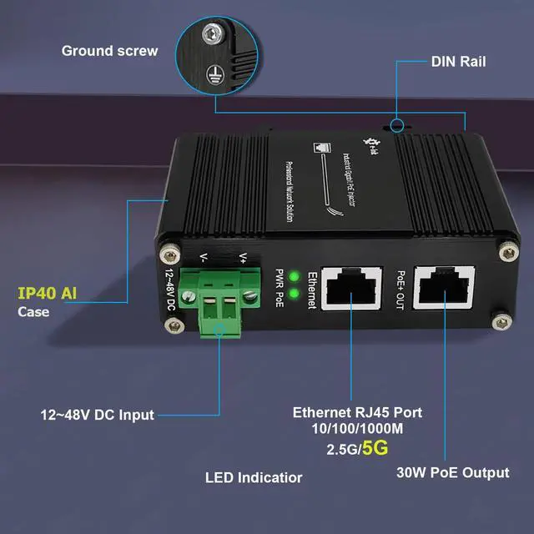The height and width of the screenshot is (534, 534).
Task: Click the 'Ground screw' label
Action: click(x=109, y=51)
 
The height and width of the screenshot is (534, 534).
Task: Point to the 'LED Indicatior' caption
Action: click(x=254, y=478)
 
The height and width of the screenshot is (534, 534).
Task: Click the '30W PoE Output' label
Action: click(x=452, y=473)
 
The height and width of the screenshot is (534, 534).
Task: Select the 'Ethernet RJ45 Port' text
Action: click(x=357, y=412)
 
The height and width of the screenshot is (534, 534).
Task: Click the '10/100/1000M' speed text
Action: click(x=357, y=430)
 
